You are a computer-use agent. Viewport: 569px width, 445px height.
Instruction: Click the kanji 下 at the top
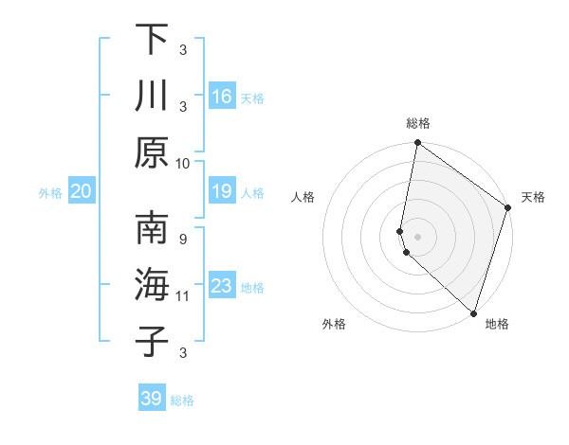pos(152,40)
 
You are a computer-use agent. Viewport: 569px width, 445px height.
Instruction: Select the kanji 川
pos(152,97)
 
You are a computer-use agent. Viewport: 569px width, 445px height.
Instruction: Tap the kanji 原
pos(152,153)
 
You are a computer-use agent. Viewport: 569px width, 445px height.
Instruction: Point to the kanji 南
pos(152,229)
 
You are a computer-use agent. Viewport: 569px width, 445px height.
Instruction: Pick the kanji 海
pos(152,286)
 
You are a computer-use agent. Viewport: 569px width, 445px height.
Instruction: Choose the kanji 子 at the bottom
pos(152,343)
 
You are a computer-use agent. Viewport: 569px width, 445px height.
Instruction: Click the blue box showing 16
pos(222,97)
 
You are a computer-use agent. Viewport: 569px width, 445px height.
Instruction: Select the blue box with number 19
pos(222,192)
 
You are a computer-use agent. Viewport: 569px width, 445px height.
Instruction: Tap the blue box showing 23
pos(222,286)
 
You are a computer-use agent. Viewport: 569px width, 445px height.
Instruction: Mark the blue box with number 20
pos(82,192)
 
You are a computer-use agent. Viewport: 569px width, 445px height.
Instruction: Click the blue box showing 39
pos(152,399)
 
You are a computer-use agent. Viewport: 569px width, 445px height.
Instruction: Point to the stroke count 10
pos(183,163)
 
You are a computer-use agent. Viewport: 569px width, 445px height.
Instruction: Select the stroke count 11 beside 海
pos(183,296)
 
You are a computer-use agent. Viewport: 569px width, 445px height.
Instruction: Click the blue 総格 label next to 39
pos(182,400)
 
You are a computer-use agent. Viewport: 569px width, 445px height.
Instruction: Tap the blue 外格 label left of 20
pos(50,193)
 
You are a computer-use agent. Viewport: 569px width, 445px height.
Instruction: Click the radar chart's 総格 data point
pos(417,144)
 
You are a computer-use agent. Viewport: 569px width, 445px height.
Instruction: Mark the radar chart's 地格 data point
pos(473,312)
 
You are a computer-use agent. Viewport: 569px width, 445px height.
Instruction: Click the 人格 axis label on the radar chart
pos(303,197)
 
